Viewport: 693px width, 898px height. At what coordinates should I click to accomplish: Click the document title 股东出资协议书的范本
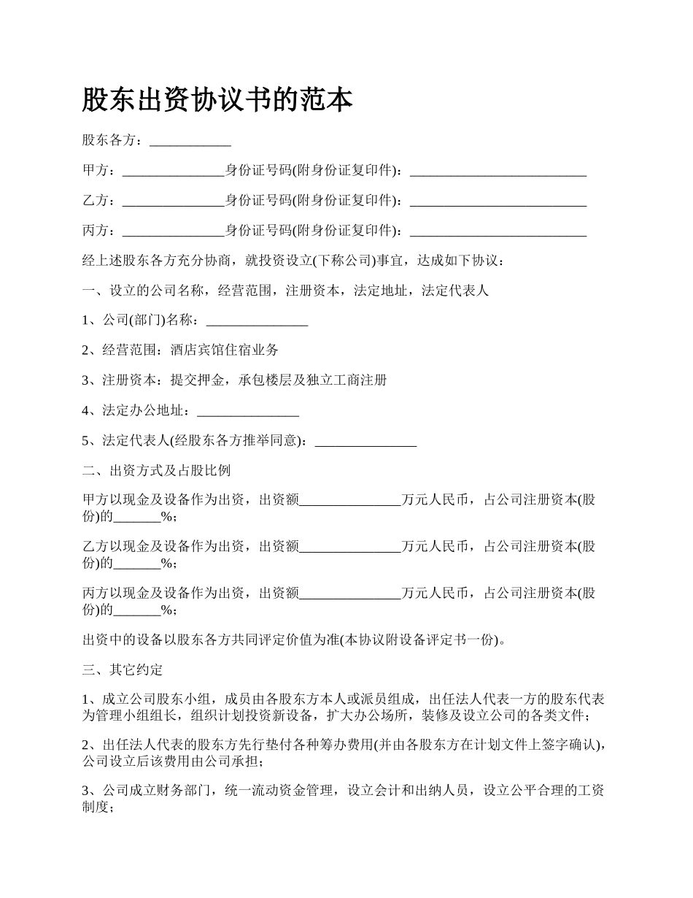point(217,100)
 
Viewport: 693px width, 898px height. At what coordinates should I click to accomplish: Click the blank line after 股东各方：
point(190,141)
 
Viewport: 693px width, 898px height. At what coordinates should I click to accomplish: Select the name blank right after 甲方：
point(174,171)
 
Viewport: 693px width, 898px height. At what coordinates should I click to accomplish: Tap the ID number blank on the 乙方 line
point(498,201)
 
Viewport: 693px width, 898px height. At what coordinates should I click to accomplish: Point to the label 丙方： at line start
point(98,231)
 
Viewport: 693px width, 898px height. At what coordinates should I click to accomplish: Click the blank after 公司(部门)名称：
point(258,321)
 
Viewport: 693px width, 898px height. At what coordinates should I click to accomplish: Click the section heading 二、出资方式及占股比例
point(157,470)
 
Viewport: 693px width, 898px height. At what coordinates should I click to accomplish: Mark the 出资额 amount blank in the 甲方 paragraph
point(351,500)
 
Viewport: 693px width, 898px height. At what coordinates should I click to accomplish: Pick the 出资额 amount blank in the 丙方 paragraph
point(351,594)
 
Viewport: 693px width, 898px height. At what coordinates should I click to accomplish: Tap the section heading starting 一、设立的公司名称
point(285,291)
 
